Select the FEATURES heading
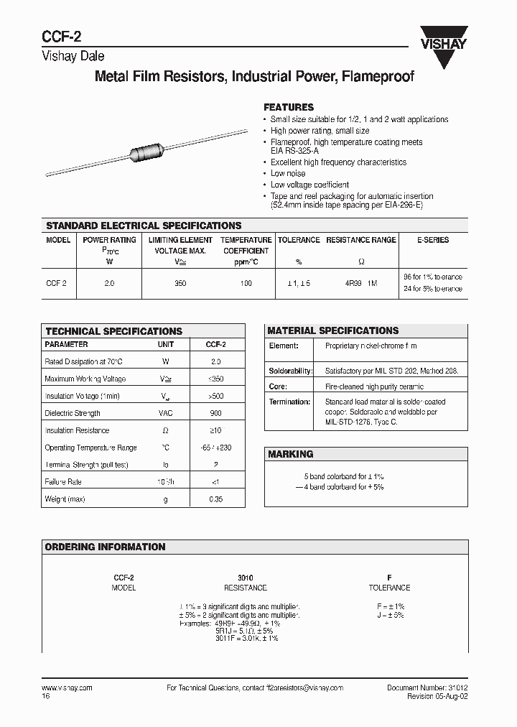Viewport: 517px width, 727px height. click(289, 107)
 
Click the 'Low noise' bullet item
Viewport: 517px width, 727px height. click(287, 174)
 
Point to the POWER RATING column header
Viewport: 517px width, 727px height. click(109, 240)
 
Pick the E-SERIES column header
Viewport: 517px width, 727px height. click(433, 240)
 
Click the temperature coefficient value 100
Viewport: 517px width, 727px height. click(246, 284)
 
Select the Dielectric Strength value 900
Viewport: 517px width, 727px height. click(215, 414)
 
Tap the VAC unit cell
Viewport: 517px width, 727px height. click(166, 414)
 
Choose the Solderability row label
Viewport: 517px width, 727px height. click(290, 371)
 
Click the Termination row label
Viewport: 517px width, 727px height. click(289, 402)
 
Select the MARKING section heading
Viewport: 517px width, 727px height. click(290, 455)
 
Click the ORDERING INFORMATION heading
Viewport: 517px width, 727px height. click(105, 547)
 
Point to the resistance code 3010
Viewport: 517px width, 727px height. click(245, 578)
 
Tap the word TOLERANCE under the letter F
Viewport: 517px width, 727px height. click(389, 588)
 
